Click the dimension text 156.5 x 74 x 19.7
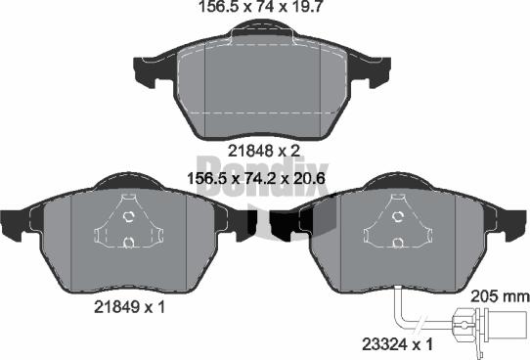[x=262, y=7]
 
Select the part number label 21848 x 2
[x=264, y=151]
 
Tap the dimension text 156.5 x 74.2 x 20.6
[x=256, y=178]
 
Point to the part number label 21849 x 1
[x=129, y=307]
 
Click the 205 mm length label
[x=501, y=296]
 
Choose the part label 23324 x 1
[x=397, y=344]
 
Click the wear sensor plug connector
[x=490, y=326]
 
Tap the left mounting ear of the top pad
[x=146, y=71]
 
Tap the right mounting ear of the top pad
[x=379, y=72]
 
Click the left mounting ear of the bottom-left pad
[x=14, y=226]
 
